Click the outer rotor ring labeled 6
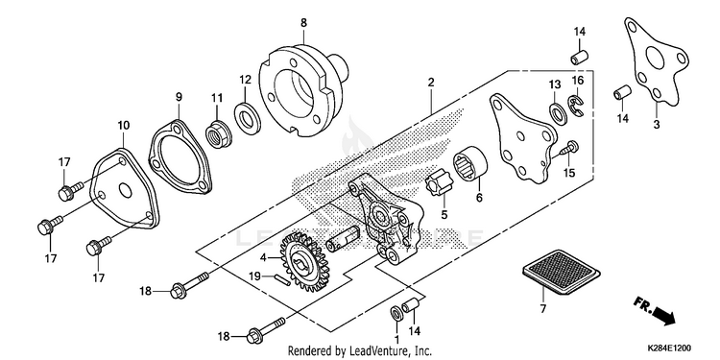coord(470,164)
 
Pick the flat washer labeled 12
coord(248,119)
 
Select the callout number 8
coord(303,22)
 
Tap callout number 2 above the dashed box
coord(431,83)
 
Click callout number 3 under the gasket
coord(657,124)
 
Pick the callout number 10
coord(123,126)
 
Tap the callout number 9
coord(179,97)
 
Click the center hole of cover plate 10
coord(124,189)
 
